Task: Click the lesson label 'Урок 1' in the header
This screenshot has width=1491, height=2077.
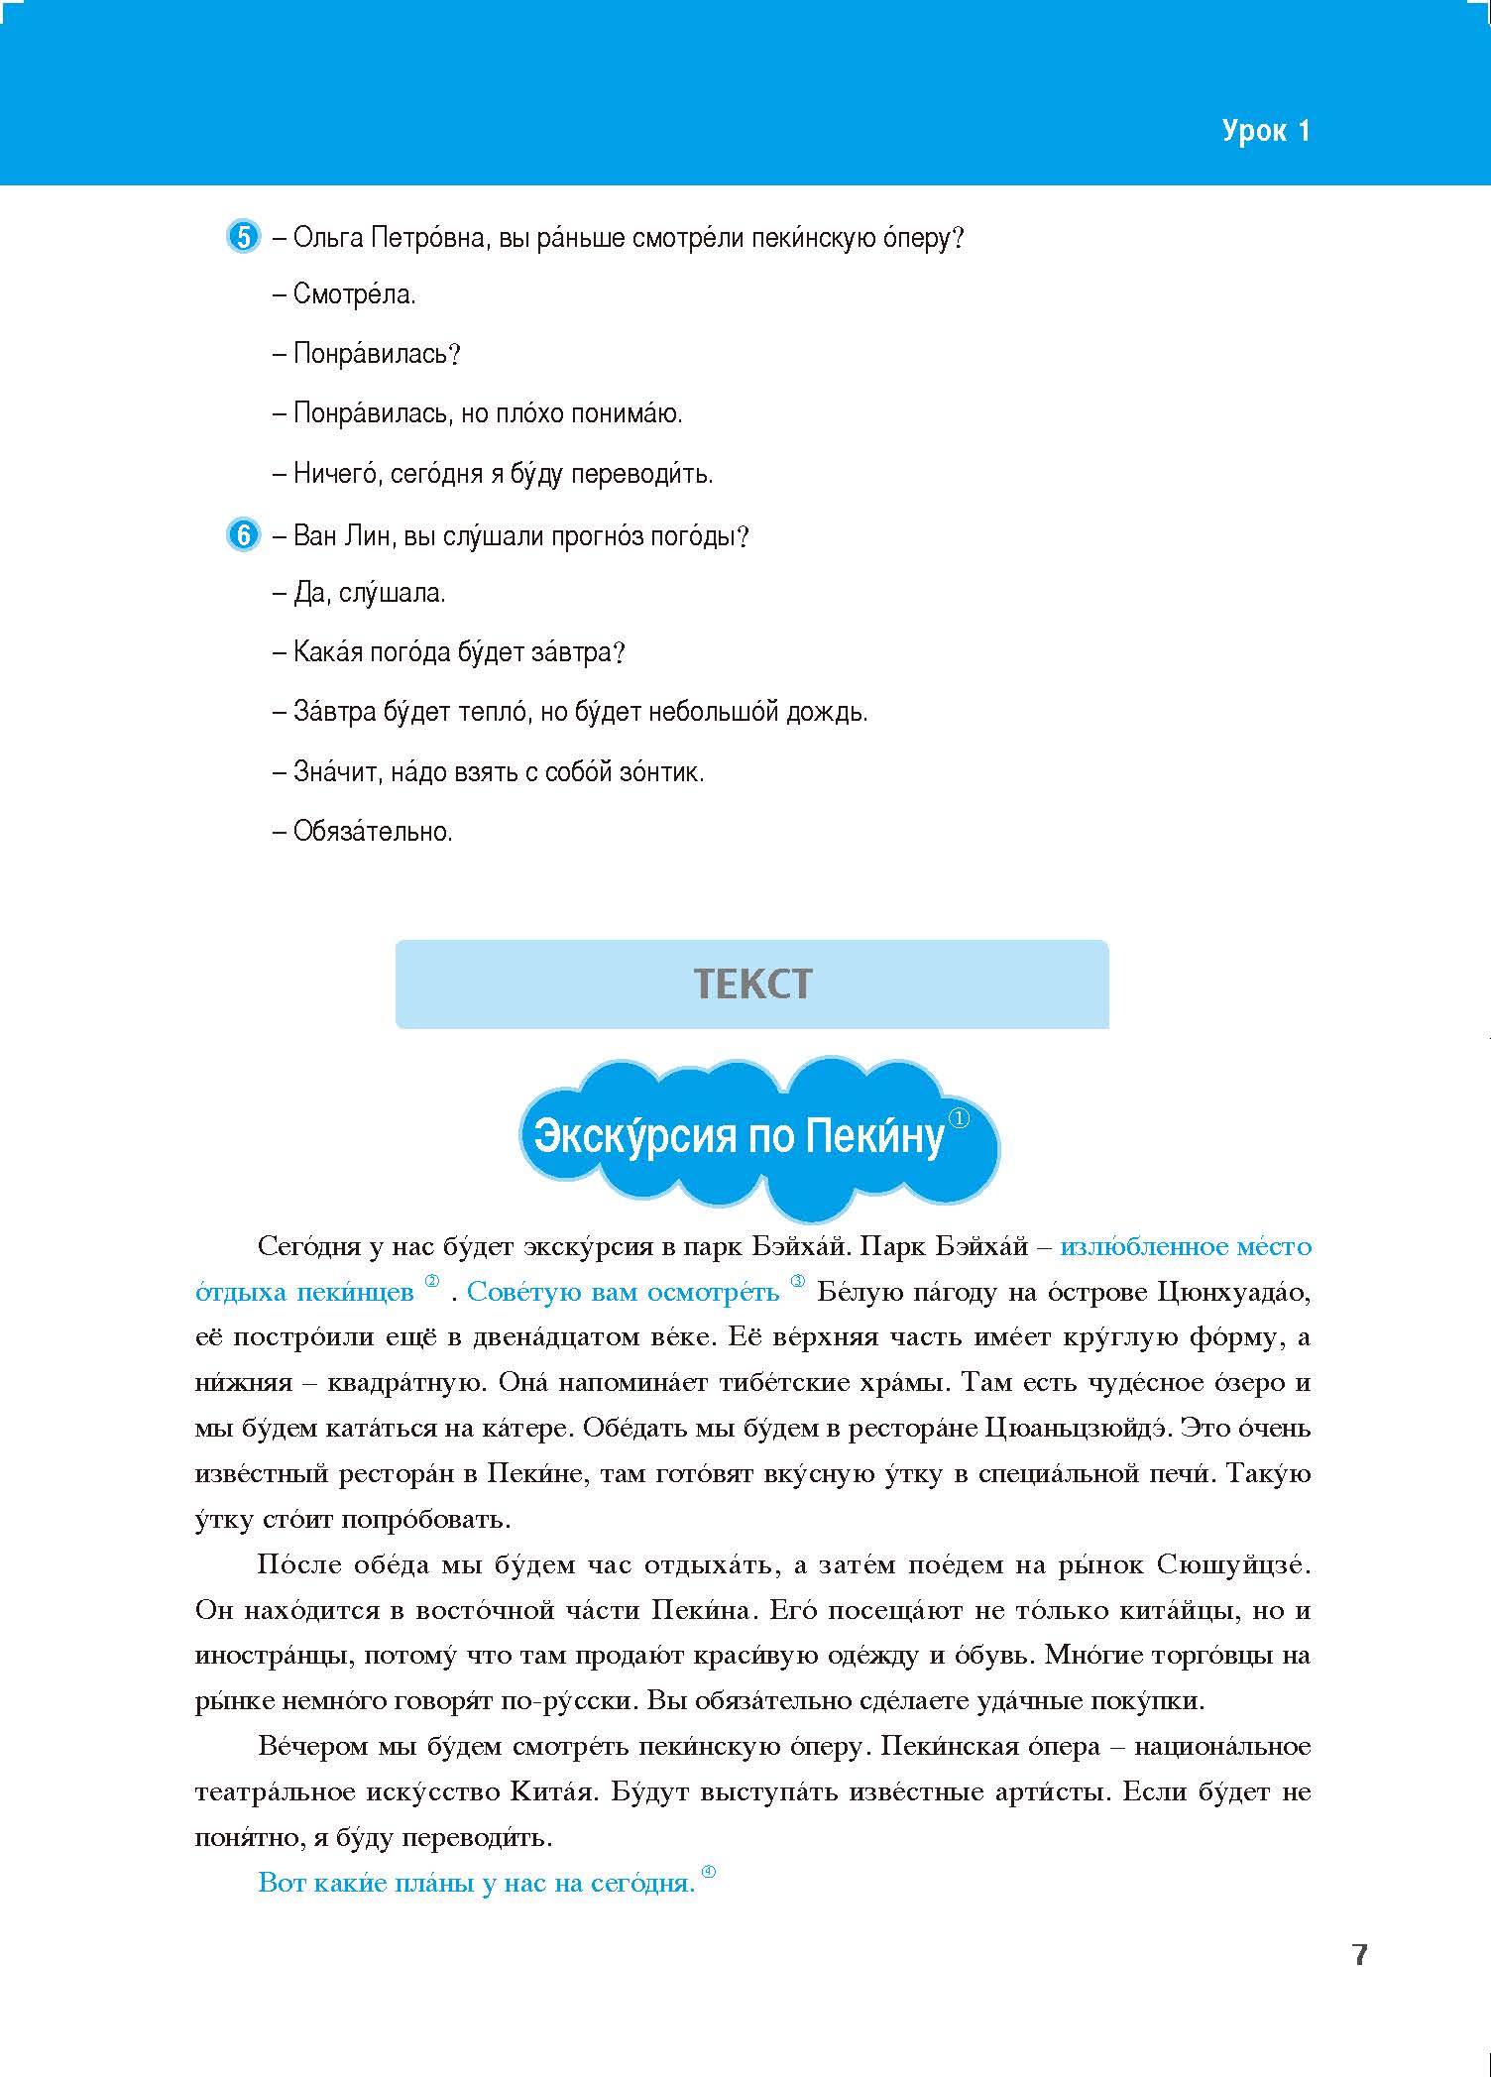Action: click(x=1265, y=131)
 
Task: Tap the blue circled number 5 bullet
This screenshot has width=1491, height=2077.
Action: click(x=243, y=238)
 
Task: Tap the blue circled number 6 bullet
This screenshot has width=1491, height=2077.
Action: click(x=243, y=536)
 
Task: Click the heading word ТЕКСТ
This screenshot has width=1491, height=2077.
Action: click(x=752, y=984)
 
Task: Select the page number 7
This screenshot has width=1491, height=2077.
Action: click(x=1359, y=1955)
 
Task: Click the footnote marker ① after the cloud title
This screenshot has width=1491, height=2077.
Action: click(x=959, y=1118)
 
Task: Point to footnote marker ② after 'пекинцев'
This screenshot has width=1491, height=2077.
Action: click(x=431, y=1282)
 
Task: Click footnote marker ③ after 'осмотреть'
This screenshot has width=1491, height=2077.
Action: click(x=798, y=1282)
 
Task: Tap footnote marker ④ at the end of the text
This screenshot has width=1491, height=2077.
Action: click(x=708, y=1872)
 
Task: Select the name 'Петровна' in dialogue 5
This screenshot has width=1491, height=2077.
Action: click(x=428, y=239)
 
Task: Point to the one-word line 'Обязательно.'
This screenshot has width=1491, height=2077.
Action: click(x=372, y=832)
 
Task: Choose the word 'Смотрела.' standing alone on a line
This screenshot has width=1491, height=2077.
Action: click(x=354, y=294)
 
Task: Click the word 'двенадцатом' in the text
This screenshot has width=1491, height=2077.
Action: click(x=589, y=1337)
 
